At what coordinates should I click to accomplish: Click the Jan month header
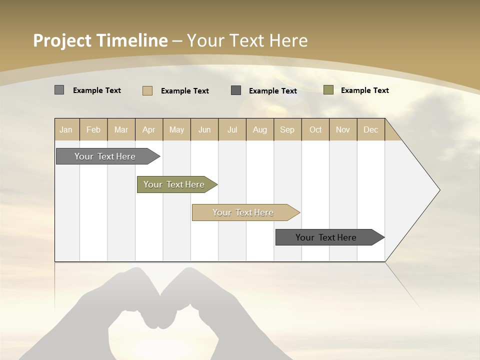pyautogui.click(x=66, y=129)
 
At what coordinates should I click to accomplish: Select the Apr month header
pyautogui.click(x=149, y=129)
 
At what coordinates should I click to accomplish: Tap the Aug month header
pyautogui.click(x=260, y=129)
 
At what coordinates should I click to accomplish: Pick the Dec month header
pyautogui.click(x=371, y=129)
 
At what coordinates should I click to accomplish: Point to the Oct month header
pyautogui.click(x=315, y=129)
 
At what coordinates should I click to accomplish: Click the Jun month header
pyautogui.click(x=204, y=129)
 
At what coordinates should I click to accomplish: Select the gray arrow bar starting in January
pyautogui.click(x=105, y=156)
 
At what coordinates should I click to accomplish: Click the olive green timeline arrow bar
pyautogui.click(x=174, y=184)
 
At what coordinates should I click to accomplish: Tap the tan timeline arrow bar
pyautogui.click(x=243, y=212)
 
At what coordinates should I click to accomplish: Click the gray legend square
pyautogui.click(x=59, y=90)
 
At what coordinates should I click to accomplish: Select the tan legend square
pyautogui.click(x=147, y=90)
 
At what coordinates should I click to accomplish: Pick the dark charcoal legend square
pyautogui.click(x=236, y=90)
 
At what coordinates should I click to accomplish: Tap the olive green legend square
pyautogui.click(x=328, y=90)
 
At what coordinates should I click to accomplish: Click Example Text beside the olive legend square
pyautogui.click(x=364, y=90)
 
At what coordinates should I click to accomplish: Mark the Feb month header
pyautogui.click(x=93, y=129)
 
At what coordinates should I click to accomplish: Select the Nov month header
pyautogui.click(x=343, y=129)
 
